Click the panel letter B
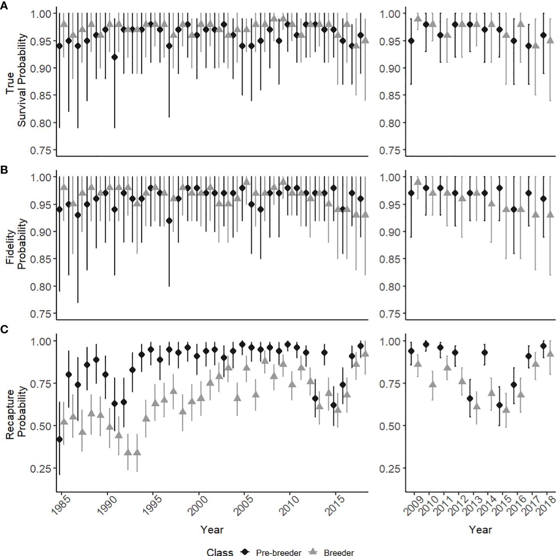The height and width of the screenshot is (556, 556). pyautogui.click(x=4, y=170)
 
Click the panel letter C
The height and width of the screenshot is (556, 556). pyautogui.click(x=4, y=330)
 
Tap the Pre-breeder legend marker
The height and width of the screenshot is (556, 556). pyautogui.click(x=245, y=552)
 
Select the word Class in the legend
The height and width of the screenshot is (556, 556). pyautogui.click(x=220, y=552)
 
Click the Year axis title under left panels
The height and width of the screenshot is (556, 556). pyautogui.click(x=212, y=529)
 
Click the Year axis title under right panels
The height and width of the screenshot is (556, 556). pyautogui.click(x=480, y=529)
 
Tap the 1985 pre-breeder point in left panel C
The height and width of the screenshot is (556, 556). pyautogui.click(x=59, y=439)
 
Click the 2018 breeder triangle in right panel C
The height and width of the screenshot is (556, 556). pyautogui.click(x=550, y=353)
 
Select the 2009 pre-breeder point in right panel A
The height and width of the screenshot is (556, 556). pyautogui.click(x=411, y=41)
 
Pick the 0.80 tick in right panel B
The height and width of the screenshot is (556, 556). pyautogui.click(x=392, y=287)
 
